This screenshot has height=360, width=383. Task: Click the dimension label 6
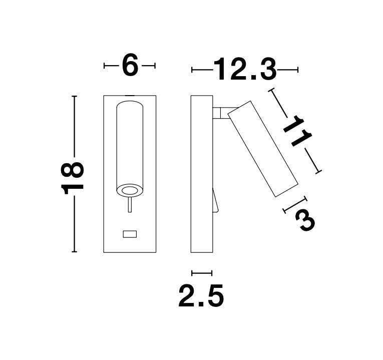pos(130,66)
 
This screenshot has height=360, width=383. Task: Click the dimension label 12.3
pos(245,70)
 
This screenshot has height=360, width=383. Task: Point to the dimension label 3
pos(304,220)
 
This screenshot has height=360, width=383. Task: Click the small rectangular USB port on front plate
pos(130,233)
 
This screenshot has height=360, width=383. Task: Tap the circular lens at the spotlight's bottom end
pos(130,190)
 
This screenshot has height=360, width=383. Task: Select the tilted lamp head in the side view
pos(263,148)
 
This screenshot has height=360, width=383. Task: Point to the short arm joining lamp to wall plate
pos(220,113)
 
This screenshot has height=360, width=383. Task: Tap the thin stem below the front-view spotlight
pos(130,205)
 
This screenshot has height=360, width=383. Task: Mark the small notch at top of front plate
pos(130,95)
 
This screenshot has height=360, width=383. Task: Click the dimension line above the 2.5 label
pos(202,273)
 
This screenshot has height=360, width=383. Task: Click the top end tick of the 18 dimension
pos(74,96)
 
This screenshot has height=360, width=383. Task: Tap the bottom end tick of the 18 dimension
pos(74,252)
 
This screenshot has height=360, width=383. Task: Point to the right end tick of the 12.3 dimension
pos(298,70)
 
